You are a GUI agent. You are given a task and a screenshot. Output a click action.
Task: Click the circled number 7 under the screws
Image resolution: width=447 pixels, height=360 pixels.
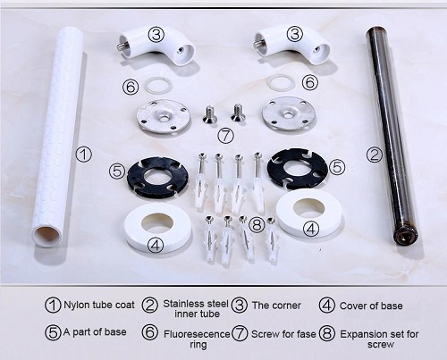pyautogui.click(x=225, y=136)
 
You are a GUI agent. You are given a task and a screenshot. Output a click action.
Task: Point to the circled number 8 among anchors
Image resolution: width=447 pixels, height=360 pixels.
pyautogui.click(x=257, y=224)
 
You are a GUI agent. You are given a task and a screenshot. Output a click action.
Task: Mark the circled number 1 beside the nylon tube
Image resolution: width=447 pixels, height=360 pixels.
pyautogui.click(x=84, y=155)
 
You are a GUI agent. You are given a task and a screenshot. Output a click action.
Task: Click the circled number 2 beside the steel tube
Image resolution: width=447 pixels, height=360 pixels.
pyautogui.click(x=374, y=155)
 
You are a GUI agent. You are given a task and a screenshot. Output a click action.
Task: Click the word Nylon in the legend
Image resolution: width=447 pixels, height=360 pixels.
pyautogui.click(x=77, y=305)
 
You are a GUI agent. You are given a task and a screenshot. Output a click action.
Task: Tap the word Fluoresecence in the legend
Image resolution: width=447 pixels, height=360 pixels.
pyautogui.click(x=197, y=334)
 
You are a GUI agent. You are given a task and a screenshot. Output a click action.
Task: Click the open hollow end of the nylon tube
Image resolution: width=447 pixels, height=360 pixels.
pyautogui.click(x=46, y=235)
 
